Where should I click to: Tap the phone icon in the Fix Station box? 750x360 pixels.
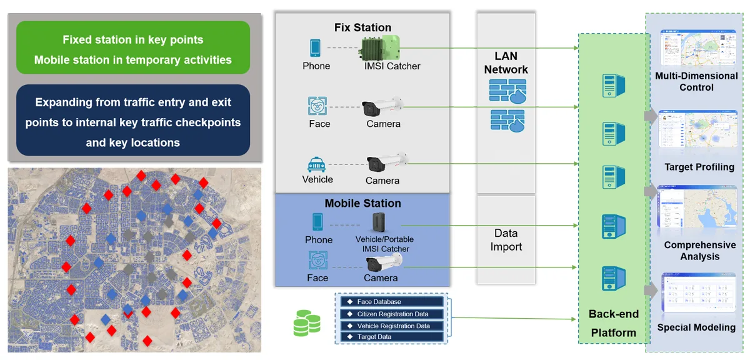point(316,48)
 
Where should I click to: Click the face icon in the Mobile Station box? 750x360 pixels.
point(317,260)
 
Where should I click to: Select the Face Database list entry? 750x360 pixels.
point(379,302)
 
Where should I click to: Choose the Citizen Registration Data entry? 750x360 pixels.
point(392,314)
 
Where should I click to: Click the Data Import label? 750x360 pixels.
point(506,239)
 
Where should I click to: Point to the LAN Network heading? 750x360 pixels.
point(506,63)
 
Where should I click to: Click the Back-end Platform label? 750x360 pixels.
point(613,323)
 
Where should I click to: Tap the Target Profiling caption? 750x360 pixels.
point(699,167)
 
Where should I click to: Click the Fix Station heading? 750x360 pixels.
point(362,27)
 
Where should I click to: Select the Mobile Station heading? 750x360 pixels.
point(362,203)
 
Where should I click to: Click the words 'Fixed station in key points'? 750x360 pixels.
point(132,39)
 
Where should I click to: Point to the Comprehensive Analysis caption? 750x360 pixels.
point(700,251)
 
